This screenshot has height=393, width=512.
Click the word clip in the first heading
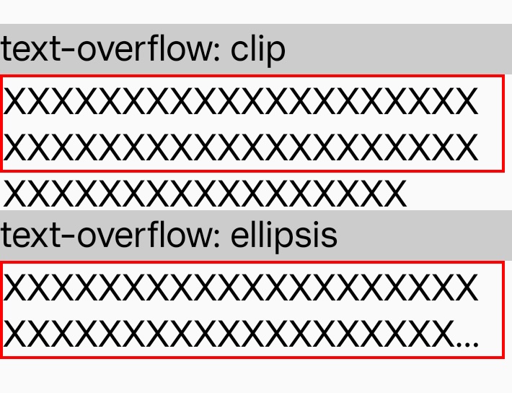pyautogui.click(x=258, y=50)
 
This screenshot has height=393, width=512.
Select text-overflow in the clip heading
pyautogui.click(x=105, y=48)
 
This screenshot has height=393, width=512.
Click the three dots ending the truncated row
pyautogui.click(x=467, y=344)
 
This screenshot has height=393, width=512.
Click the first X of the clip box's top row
pyautogui.click(x=15, y=101)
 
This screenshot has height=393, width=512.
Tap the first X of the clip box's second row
pyautogui.click(x=15, y=147)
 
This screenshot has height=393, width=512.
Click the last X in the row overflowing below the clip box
pyautogui.click(x=395, y=194)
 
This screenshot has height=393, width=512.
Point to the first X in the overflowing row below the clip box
pyautogui.click(x=15, y=194)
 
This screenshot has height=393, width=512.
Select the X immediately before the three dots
pyautogui.click(x=443, y=334)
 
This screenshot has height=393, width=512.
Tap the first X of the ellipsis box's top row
pyautogui.click(x=15, y=288)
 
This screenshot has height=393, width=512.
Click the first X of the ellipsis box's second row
pyautogui.click(x=15, y=334)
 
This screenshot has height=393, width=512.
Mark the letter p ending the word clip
pyautogui.click(x=277, y=55)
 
